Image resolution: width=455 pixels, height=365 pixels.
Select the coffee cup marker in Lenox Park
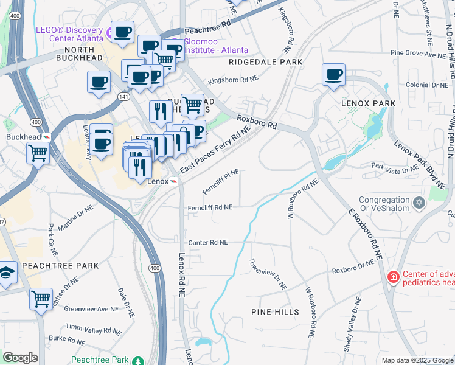(333, 75)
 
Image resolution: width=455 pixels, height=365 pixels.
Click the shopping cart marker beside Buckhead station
(38, 153)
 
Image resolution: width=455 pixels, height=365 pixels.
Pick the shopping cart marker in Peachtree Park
(41, 299)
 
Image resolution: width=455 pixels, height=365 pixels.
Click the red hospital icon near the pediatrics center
(393, 277)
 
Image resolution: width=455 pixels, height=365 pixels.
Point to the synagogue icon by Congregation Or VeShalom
(419, 202)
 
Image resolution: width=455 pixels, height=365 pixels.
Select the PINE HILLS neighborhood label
(275, 312)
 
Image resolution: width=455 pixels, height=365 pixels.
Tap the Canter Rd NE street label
(207, 242)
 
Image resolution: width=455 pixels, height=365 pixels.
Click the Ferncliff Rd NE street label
(210, 207)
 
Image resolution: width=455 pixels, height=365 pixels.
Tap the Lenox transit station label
(158, 181)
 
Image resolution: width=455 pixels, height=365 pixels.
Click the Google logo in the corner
(20, 358)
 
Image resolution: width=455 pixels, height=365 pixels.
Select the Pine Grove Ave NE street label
(419, 54)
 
